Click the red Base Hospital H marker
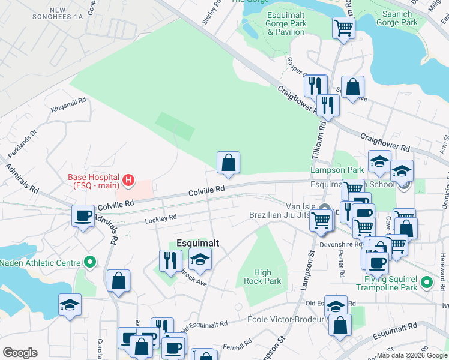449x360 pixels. coord(128,179)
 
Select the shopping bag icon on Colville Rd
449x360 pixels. coord(228,163)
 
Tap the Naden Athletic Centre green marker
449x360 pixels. coord(91,262)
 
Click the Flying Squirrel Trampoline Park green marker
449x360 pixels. coord(427,282)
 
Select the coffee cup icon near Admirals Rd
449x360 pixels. coord(83,216)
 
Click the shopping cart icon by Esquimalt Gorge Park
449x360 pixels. coord(343,28)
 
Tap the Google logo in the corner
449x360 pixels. coord(20,353)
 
